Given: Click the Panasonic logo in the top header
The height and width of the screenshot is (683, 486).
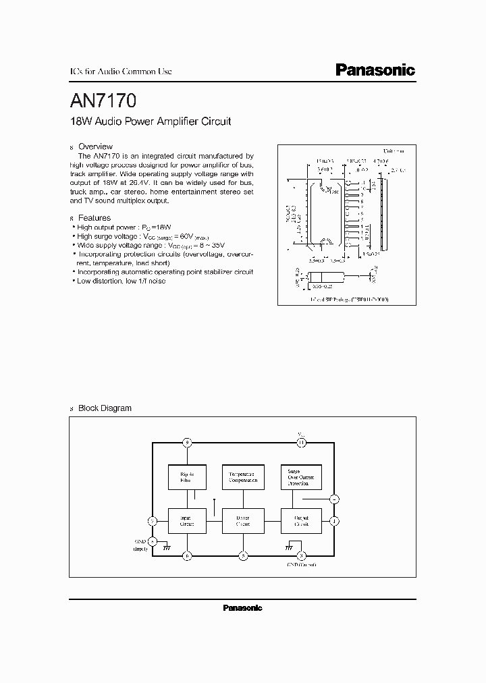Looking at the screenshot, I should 375,70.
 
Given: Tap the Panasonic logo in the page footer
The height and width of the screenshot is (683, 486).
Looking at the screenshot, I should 242,607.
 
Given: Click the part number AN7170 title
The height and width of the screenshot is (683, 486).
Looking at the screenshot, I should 103,101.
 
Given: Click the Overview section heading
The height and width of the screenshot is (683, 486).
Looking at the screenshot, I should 95,146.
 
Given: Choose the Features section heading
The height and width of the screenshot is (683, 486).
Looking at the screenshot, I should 94,218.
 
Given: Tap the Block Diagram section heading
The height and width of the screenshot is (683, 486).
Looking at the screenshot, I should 105,408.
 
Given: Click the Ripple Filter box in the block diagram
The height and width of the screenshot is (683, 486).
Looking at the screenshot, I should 187,477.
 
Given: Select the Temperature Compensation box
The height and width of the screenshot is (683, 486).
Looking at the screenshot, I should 242,477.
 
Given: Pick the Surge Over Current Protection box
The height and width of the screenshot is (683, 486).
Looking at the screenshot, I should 300,477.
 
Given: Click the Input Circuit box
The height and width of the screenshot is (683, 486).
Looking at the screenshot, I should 187,521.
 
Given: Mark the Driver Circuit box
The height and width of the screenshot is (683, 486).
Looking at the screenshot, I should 242,521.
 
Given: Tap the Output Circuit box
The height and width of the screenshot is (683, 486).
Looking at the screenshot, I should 300,521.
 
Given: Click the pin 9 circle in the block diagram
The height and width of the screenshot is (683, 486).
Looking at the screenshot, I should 188,443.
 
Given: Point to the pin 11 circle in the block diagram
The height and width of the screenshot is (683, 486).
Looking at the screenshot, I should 301,443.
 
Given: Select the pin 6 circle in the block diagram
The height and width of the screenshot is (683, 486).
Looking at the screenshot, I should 188,555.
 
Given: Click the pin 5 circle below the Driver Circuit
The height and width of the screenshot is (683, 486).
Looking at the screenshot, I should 243,555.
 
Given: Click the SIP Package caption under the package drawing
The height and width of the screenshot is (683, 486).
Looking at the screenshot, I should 349,298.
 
